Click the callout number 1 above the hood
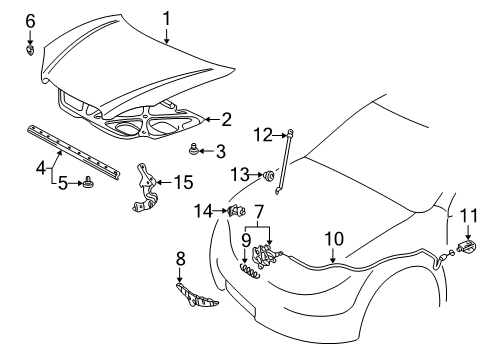point(167,17)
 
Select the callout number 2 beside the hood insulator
point(226,119)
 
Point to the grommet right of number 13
point(269,177)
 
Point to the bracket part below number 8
point(196,298)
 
